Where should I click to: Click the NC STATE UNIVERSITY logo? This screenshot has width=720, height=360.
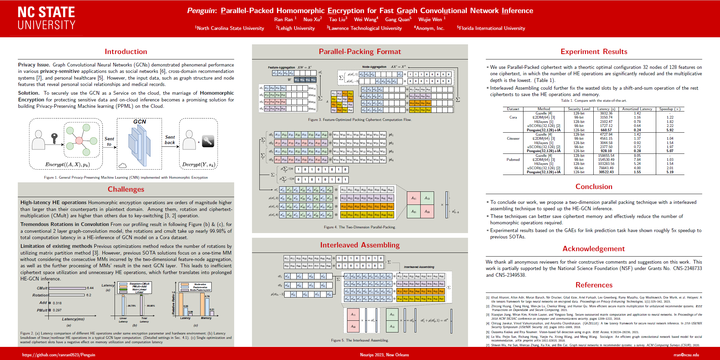46,18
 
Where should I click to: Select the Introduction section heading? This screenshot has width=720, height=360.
126,52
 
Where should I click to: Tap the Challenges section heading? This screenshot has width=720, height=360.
126,189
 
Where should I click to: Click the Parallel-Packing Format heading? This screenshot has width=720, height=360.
360,52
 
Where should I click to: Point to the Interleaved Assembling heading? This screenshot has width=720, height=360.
360,245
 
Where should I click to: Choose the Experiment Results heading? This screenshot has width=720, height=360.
594,52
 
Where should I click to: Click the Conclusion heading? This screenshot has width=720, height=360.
594,187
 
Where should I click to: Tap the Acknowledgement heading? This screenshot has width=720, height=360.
594,249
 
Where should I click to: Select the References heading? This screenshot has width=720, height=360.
594,285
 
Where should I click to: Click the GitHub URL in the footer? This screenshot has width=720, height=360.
59,355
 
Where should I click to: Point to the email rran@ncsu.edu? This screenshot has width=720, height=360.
686,355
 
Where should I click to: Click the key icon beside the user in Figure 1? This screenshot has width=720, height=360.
54,138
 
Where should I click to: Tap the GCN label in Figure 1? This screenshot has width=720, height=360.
139,122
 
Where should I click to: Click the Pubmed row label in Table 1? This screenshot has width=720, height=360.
513,160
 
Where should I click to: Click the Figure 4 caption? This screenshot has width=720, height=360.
360,227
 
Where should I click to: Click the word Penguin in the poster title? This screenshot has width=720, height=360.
201,11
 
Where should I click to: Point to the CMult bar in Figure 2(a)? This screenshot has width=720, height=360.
67,288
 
